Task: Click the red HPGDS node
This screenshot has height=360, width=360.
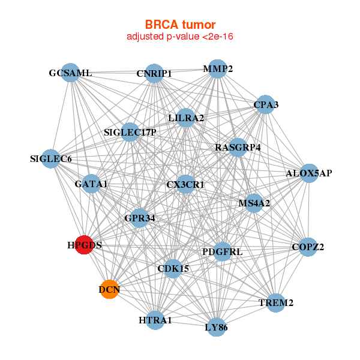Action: [84, 245]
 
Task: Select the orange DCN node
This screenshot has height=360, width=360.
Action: [109, 290]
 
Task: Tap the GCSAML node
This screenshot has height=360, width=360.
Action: [71, 73]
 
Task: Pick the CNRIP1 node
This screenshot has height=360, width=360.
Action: [154, 74]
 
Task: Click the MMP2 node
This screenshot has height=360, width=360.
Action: [217, 69]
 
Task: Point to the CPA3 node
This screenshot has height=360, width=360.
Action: [265, 105]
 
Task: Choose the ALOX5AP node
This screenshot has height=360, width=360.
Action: [309, 173]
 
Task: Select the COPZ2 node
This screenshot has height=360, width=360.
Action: [308, 247]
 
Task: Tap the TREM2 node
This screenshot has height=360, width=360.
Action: [276, 302]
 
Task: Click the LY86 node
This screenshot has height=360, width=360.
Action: [216, 327]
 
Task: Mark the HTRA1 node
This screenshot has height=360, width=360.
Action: [155, 320]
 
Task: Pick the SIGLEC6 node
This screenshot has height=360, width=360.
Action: [51, 159]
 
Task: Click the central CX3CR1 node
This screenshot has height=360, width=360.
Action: [185, 184]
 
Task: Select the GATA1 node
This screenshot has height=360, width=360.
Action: [91, 184]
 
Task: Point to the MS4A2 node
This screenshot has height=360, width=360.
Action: [254, 203]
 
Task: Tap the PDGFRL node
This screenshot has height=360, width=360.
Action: [223, 251]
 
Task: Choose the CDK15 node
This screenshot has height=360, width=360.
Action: [173, 268]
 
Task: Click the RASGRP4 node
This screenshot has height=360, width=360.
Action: [238, 147]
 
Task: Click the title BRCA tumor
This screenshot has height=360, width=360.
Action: [179, 25]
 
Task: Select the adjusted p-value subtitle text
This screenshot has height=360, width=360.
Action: [179, 37]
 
